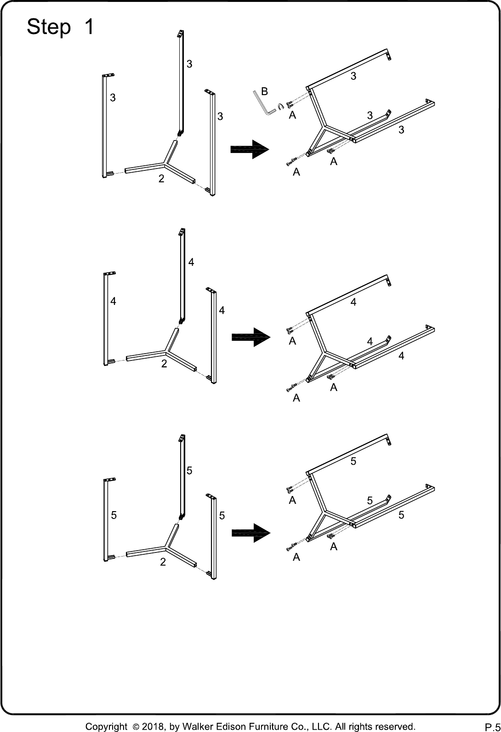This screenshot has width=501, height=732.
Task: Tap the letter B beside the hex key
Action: pyautogui.click(x=265, y=91)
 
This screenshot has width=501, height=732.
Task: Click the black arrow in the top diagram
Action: pyautogui.click(x=250, y=149)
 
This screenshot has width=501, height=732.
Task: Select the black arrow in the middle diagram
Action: pyautogui.click(x=251, y=337)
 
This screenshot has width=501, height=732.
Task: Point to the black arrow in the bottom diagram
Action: pyautogui.click(x=251, y=533)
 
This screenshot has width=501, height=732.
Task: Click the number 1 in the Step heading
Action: pyautogui.click(x=89, y=27)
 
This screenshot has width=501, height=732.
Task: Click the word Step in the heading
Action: pyautogui.click(x=49, y=27)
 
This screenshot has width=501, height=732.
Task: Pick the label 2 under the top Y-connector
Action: pyautogui.click(x=161, y=179)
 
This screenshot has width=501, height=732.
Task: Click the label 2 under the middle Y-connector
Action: pyautogui.click(x=164, y=363)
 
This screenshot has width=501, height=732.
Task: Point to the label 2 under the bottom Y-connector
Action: pyautogui.click(x=163, y=562)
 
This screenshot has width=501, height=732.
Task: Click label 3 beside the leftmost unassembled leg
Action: pyautogui.click(x=113, y=97)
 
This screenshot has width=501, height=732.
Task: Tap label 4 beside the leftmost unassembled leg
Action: pyautogui.click(x=113, y=301)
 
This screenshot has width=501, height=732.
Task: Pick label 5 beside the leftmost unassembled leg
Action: pyautogui.click(x=114, y=515)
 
